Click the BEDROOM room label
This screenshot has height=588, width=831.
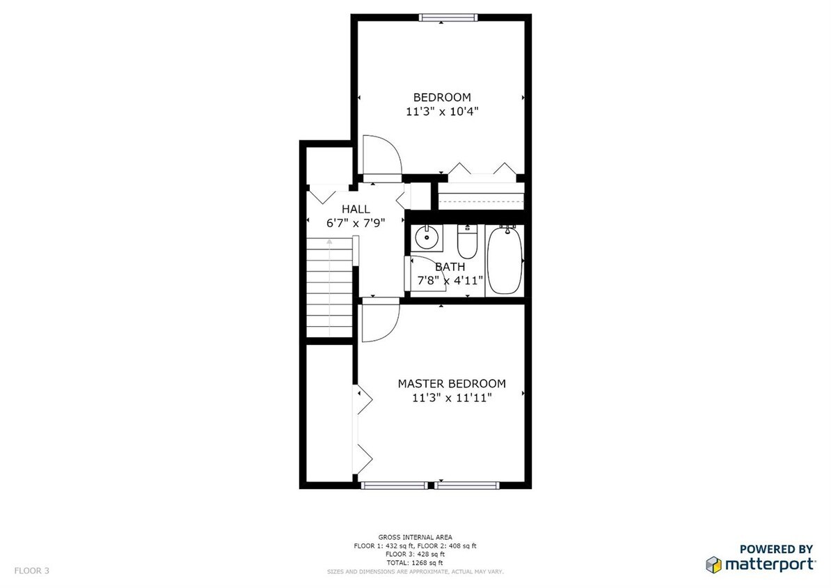(x=442, y=98)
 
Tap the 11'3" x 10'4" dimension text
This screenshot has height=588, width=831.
(x=442, y=111)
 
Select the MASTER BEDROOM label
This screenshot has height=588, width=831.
(x=451, y=384)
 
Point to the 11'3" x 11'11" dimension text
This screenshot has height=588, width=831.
(x=451, y=398)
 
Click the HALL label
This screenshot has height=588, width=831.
(x=356, y=209)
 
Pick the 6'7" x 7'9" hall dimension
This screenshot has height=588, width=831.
(x=356, y=223)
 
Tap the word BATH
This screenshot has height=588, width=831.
(x=450, y=267)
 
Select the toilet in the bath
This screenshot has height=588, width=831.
(x=466, y=241)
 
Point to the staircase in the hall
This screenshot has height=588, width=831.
(x=331, y=286)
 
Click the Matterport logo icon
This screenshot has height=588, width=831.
(x=713, y=564)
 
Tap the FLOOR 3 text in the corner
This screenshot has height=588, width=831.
(x=32, y=571)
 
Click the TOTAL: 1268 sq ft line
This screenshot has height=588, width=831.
(x=415, y=562)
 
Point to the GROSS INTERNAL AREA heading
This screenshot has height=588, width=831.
(x=415, y=537)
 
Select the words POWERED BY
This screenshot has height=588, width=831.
(x=775, y=549)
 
